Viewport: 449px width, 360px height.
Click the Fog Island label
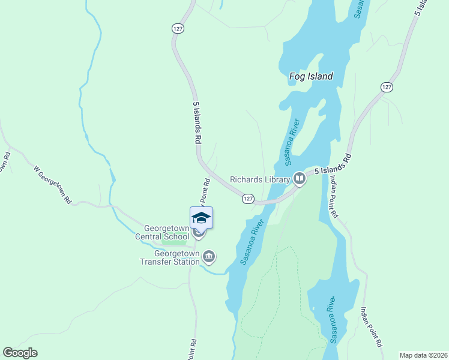[x=311, y=77]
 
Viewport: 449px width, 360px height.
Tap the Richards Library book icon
[x=298, y=178]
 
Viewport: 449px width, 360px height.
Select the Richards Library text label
[x=259, y=179]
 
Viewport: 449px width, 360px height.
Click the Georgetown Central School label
[x=166, y=233]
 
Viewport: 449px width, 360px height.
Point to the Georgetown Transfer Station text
[x=170, y=257]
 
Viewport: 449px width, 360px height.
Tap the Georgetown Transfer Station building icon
[x=209, y=257]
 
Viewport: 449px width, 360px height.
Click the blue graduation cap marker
[x=201, y=218]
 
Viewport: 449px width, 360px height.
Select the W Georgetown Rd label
[x=52, y=184]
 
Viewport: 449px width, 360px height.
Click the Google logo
[x=20, y=353]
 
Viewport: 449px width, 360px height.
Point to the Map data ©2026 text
[x=423, y=355]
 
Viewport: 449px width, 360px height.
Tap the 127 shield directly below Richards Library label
[x=249, y=198]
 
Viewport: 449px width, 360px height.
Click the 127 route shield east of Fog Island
[x=387, y=88]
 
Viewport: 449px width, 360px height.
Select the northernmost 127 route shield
[x=177, y=28]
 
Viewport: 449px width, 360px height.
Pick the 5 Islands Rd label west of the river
[x=196, y=122]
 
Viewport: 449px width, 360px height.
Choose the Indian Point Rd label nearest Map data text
[x=370, y=328]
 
